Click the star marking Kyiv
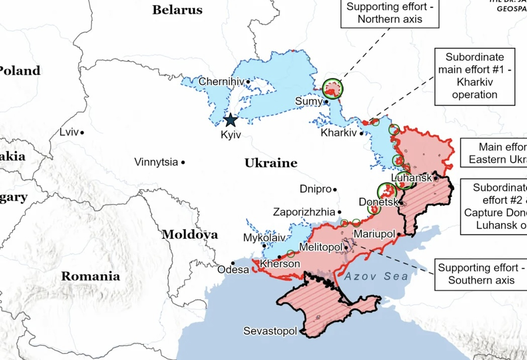click(x=230, y=119)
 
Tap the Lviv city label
click(x=69, y=132)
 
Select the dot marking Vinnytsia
click(x=183, y=162)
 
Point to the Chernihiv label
click(x=221, y=82)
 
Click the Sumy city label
click(x=308, y=101)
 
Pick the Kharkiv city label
click(x=338, y=133)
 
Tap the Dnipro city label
click(x=315, y=189)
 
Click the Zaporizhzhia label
click(x=304, y=212)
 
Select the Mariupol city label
click(x=375, y=234)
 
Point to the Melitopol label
click(x=321, y=248)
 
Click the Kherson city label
click(x=280, y=264)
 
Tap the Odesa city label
click(x=233, y=270)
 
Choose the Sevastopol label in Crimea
click(x=270, y=331)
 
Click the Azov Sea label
click(x=376, y=277)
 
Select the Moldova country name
click(x=190, y=234)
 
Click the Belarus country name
click(x=177, y=10)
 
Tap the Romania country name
click(x=90, y=276)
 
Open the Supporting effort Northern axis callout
click(x=390, y=13)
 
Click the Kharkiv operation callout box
click(x=474, y=76)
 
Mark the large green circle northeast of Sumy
click(x=332, y=88)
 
